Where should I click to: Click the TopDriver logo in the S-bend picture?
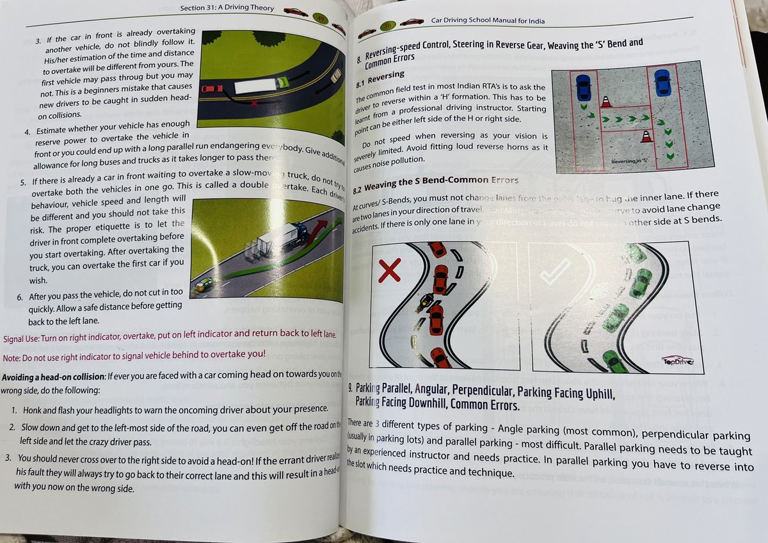click(680, 362)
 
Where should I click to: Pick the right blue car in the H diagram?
click(662, 81)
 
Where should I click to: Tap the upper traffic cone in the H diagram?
click(606, 101)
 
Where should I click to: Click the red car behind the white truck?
click(211, 88)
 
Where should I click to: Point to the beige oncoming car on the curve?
click(335, 76)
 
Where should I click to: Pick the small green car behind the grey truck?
click(205, 284)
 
